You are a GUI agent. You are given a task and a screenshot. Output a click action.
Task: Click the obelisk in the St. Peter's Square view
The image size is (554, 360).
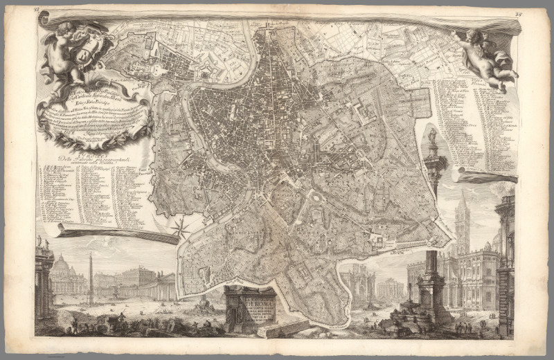[x=89, y=277]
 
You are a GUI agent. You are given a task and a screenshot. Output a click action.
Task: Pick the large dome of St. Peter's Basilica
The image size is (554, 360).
[x=61, y=266]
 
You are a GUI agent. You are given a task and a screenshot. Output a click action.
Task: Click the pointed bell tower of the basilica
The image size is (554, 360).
[x=463, y=215]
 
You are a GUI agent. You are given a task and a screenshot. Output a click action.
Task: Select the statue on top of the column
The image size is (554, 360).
[x=432, y=135]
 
